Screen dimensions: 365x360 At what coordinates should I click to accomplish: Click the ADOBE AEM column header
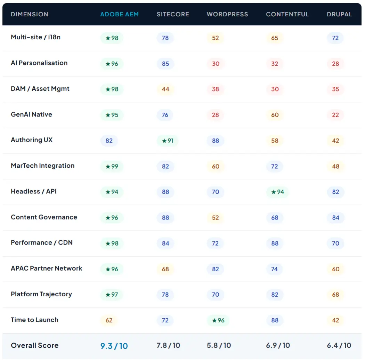pyautogui.click(x=120, y=14)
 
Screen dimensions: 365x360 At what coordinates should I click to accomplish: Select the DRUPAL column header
pyautogui.click(x=339, y=14)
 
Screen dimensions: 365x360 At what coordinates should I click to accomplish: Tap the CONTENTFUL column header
pyautogui.click(x=287, y=14)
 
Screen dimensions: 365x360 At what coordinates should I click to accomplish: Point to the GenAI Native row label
pyautogui.click(x=31, y=114)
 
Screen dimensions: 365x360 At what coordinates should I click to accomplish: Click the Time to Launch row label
pyautogui.click(x=34, y=320)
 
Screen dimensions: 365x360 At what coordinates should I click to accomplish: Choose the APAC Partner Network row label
pyautogui.click(x=47, y=268)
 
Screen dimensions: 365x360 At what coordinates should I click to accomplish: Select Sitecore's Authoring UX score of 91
pyautogui.click(x=168, y=141)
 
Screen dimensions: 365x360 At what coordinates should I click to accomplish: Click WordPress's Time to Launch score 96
pyautogui.click(x=218, y=320)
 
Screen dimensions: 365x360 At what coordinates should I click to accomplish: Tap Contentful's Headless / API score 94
pyautogui.click(x=277, y=192)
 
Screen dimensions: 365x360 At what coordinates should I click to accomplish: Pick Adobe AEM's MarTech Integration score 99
pyautogui.click(x=112, y=167)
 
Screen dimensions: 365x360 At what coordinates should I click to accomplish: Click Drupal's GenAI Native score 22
pyautogui.click(x=335, y=115)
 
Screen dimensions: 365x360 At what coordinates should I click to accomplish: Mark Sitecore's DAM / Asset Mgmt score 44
pyautogui.click(x=165, y=89)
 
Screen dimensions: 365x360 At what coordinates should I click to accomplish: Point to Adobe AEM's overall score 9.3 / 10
pyautogui.click(x=114, y=346)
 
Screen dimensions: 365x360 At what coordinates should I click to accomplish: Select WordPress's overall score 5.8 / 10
pyautogui.click(x=219, y=345)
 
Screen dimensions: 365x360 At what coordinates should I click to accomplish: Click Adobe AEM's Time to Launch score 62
pyautogui.click(x=109, y=320)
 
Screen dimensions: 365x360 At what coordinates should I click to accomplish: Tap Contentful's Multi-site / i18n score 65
pyautogui.click(x=275, y=38)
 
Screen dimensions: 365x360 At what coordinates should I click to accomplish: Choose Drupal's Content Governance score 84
pyautogui.click(x=336, y=218)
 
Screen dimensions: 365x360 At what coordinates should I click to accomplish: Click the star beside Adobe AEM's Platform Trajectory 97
pyautogui.click(x=108, y=295)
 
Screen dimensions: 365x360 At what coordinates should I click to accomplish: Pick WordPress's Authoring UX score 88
pyautogui.click(x=216, y=141)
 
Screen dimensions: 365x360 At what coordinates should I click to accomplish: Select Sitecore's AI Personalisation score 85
pyautogui.click(x=165, y=64)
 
